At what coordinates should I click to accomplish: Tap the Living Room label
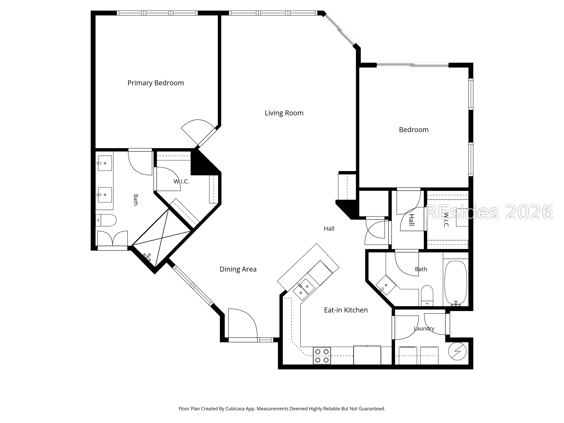click(x=284, y=113)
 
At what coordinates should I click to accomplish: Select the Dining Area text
click(x=238, y=269)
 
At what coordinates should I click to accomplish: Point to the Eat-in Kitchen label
click(x=346, y=310)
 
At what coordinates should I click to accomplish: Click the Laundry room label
click(x=424, y=328)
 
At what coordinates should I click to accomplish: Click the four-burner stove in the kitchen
click(x=322, y=356)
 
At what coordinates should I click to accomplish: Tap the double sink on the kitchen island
click(x=303, y=290)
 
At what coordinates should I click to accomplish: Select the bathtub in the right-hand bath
click(x=456, y=283)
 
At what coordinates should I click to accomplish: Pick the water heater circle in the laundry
click(x=457, y=351)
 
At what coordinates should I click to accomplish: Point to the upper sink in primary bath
click(x=105, y=163)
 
